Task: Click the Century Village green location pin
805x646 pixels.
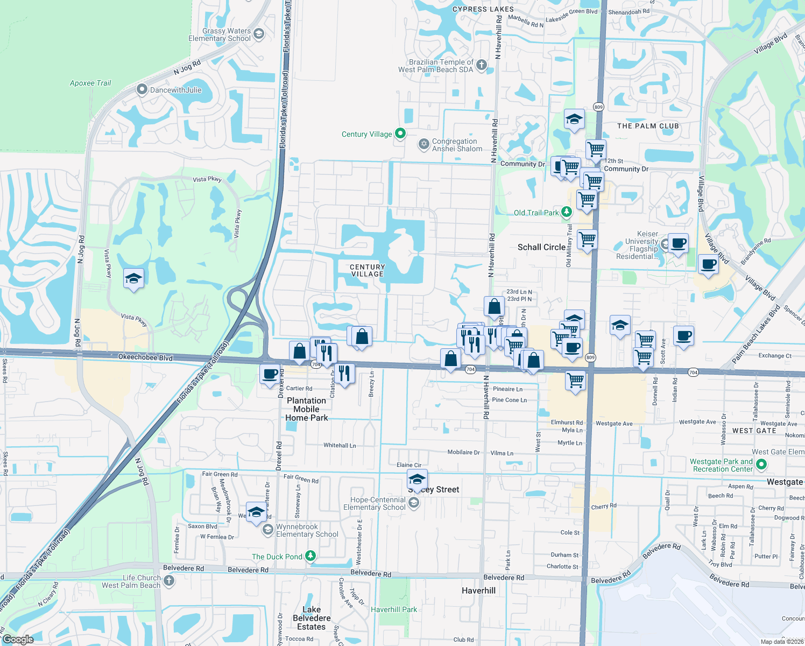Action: [x=400, y=134]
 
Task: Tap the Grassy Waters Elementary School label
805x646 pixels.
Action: [x=220, y=35]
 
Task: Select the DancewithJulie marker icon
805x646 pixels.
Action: [x=142, y=89]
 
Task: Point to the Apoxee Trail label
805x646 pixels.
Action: [x=90, y=83]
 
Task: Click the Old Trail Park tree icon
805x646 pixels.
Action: [x=566, y=212]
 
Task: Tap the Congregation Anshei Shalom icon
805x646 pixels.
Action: [x=424, y=144]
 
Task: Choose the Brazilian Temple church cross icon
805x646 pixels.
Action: [x=482, y=65]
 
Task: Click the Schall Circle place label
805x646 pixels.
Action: [x=541, y=247]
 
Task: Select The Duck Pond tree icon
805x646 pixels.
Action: [x=310, y=556]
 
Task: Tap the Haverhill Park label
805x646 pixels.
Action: [x=394, y=609]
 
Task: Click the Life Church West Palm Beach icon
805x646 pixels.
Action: [x=169, y=580]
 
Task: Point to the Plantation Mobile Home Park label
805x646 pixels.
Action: [x=306, y=409]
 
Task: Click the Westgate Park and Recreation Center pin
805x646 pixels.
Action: [x=761, y=465]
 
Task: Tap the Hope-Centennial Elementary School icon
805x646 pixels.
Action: [x=414, y=503]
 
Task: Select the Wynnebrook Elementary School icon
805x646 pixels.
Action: [x=267, y=530]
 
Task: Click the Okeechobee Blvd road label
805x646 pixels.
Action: [x=145, y=357]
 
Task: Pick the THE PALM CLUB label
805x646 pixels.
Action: [x=648, y=126]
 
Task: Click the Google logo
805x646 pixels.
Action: [x=18, y=640]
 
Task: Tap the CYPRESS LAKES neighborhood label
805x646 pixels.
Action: [x=483, y=9]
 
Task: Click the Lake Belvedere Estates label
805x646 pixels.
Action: [x=312, y=618]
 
